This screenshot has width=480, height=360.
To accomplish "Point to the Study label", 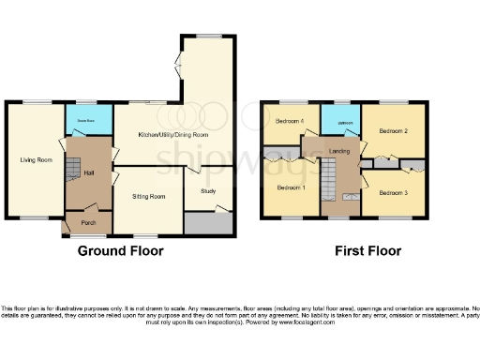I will tap(211, 191).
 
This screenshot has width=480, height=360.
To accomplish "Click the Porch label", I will tap(90, 222).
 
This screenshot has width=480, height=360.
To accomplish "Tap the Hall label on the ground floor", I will tap(90, 172).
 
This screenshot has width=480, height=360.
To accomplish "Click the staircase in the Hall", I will tap(74, 170).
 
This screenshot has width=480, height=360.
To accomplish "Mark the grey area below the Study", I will tap(209, 223).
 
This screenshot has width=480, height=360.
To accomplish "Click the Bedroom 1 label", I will tap(290, 187).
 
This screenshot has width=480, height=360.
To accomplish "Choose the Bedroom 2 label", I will tap(393, 131).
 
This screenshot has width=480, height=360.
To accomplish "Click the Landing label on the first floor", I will tap(339, 150).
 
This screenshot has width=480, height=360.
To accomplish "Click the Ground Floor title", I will tap(120, 251).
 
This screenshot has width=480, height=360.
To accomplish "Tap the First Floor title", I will tap(368, 251).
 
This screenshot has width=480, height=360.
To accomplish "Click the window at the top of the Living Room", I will tap(37, 101).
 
